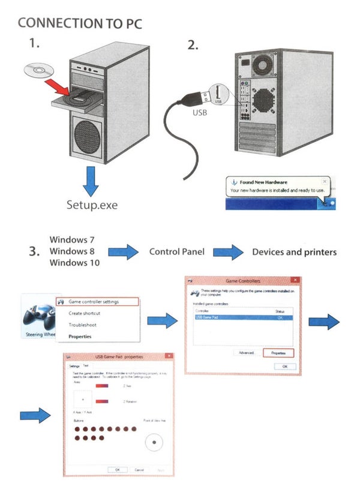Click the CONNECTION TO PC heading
pos(80,23)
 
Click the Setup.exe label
pos(92,205)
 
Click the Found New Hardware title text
pos(264,182)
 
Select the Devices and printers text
pos(294,252)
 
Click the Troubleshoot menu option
pos(82,325)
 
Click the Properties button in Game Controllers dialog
pos(278,353)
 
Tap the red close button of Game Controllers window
pos(294,280)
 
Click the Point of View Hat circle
pos(155,442)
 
